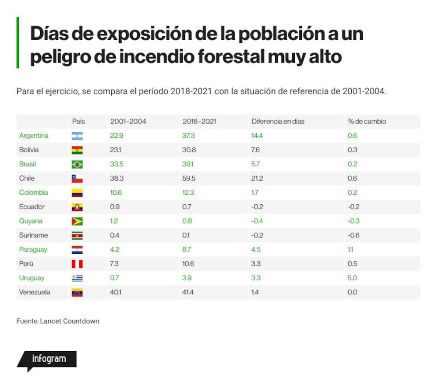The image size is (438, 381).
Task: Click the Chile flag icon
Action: pos(77,178)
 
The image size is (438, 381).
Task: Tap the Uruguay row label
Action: pos(32,278)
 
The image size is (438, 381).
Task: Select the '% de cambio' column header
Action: pos(367,121)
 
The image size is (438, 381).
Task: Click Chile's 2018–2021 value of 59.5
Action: pos(188,178)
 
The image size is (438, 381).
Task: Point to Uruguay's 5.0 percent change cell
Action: pos(352,278)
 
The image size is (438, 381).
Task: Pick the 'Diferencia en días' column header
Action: pos(278,121)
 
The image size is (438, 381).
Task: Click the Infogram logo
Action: pos(47,361)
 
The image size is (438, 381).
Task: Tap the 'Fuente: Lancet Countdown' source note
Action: pos(58,321)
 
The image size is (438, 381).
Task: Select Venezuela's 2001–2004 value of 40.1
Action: pos(116,292)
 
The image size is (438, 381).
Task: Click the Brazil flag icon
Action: pos(77,164)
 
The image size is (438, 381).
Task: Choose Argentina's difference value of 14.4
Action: pos(257,136)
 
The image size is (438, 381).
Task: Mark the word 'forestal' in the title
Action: pos(231,56)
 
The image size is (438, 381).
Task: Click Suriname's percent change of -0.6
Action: pos(353,235)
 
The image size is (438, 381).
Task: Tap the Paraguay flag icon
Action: pos(77,250)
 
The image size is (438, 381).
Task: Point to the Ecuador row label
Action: pos(32,206)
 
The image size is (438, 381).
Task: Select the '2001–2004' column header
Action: pos(128,121)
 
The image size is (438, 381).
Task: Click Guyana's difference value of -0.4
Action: pos(257,221)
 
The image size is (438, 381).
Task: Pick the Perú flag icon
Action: pos(77,264)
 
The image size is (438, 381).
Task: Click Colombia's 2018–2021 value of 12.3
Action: pos(188,192)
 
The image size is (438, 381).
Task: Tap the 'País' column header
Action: pos(78,121)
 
